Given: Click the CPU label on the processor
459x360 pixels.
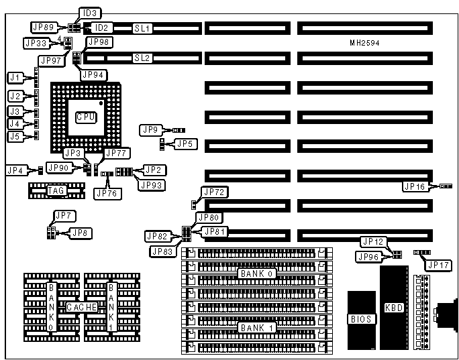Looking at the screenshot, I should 85,117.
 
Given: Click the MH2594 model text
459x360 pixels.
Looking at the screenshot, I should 362,43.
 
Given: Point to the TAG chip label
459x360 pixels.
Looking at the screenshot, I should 55,191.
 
